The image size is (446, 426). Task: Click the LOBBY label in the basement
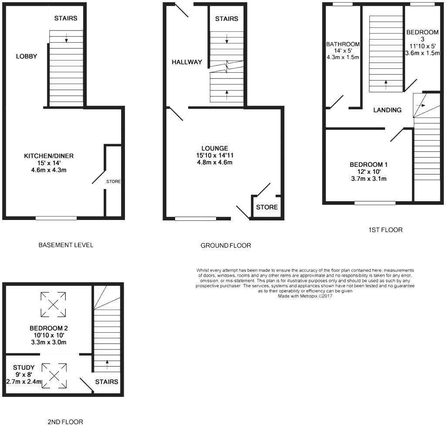[27, 56]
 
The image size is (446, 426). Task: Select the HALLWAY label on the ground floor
[187, 62]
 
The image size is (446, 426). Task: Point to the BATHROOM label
[343, 44]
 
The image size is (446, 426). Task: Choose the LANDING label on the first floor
[387, 110]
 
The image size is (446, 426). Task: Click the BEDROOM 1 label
[368, 165]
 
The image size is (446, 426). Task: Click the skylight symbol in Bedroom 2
[53, 304]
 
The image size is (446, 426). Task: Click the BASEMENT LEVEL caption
[66, 245]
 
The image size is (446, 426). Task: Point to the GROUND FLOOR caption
[226, 246]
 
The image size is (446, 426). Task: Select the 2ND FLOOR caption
[65, 422]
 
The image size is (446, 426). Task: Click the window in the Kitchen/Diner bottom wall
[56, 218]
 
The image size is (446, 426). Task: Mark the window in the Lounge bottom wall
[196, 219]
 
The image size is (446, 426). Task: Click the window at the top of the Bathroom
[343, 4]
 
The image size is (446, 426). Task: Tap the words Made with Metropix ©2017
[308, 296]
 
